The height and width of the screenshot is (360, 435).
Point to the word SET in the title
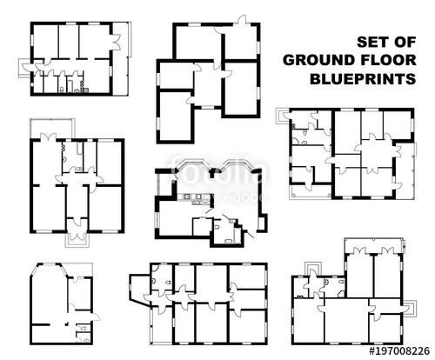pyautogui.click(x=372, y=41)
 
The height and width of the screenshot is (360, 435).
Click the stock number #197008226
pyautogui.click(x=399, y=351)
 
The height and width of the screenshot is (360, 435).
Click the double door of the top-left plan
pyautogui.click(x=113, y=39)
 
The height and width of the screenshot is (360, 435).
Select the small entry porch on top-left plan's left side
pyautogui.click(x=27, y=65)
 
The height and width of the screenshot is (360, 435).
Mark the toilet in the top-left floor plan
pyautogui.click(x=64, y=87)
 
